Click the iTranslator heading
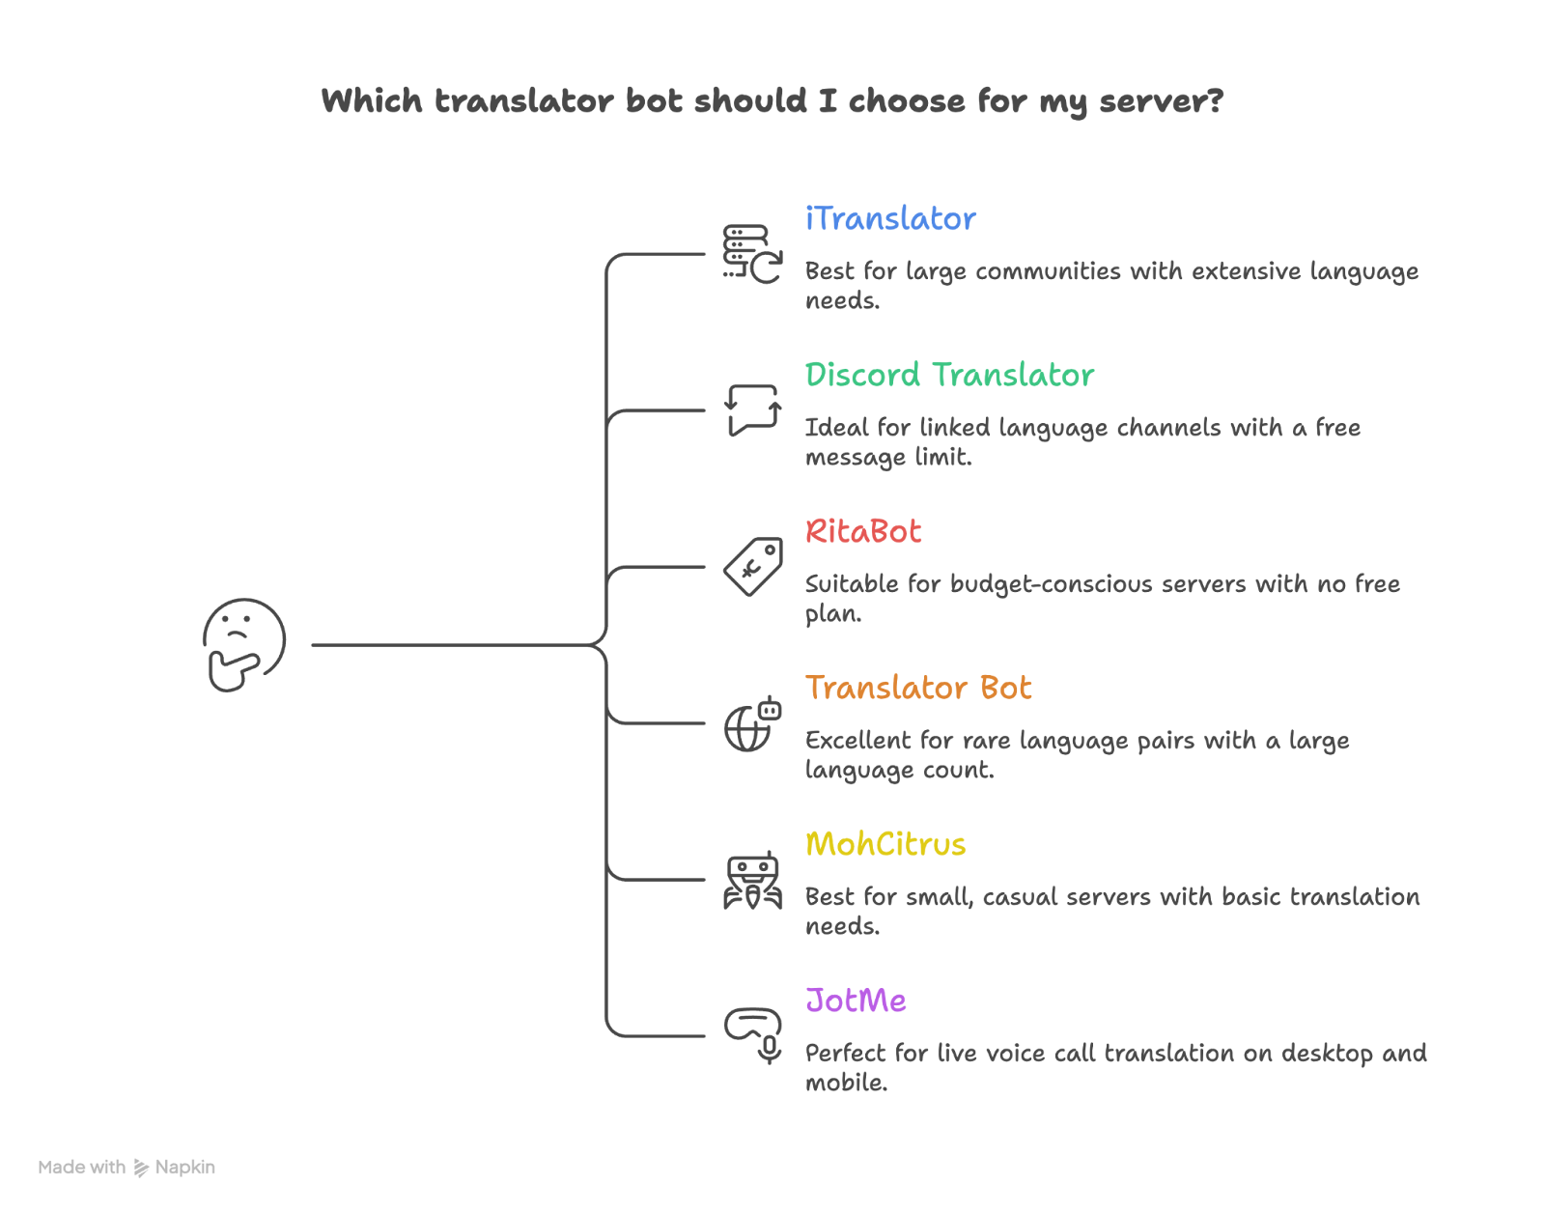tap(890, 219)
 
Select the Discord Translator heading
tap(949, 375)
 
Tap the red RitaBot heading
tap(863, 531)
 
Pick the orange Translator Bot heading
tap(918, 688)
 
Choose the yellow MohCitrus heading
tap(885, 844)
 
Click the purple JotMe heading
tap(856, 1001)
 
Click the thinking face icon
tap(243, 644)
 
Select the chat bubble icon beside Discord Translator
tap(752, 410)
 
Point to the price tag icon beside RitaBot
tap(752, 567)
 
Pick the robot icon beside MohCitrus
tap(752, 880)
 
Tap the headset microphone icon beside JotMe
tap(752, 1035)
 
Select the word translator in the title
tap(523, 101)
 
